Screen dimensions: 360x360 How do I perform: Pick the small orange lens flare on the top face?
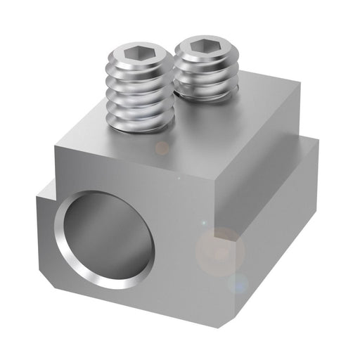tap(162, 148)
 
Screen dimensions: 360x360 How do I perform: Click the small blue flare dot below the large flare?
tap(237, 284)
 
